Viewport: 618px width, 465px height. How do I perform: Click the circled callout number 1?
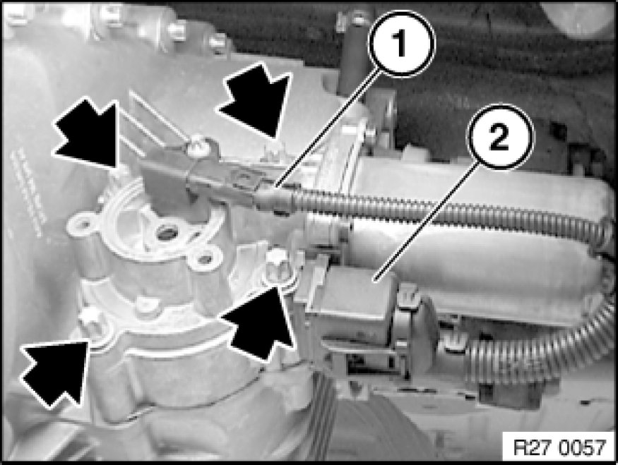[401, 43]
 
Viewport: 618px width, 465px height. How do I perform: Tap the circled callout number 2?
[499, 137]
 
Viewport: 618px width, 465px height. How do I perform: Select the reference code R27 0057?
[559, 447]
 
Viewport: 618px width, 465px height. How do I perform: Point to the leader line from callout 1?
[328, 127]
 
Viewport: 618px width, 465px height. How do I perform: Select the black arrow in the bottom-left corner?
[55, 372]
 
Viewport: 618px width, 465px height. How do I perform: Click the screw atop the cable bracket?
[196, 144]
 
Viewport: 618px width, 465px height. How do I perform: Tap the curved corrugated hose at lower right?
[544, 346]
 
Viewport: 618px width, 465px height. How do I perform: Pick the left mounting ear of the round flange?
[82, 225]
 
